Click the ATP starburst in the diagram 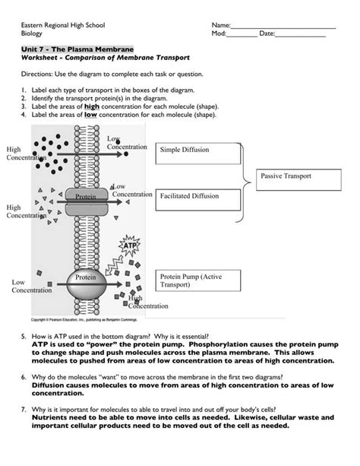[x=130, y=246]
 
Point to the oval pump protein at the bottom [x=86, y=284]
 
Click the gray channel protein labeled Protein [x=87, y=201]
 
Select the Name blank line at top [x=283, y=28]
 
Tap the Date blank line [x=300, y=36]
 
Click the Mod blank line [x=242, y=36]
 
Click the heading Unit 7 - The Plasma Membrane [x=77, y=49]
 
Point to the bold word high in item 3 [x=92, y=106]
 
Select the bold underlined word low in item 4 [x=90, y=115]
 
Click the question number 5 [x=24, y=337]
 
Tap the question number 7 [x=24, y=410]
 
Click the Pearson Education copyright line [x=84, y=320]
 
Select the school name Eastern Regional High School [x=63, y=25]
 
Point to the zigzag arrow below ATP [x=114, y=265]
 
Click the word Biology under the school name [x=31, y=33]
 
